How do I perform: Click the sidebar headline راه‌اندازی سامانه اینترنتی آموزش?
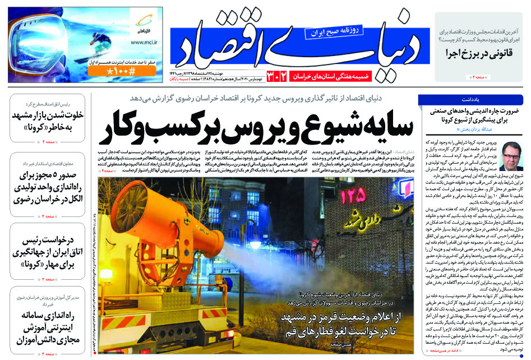[47, 326]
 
